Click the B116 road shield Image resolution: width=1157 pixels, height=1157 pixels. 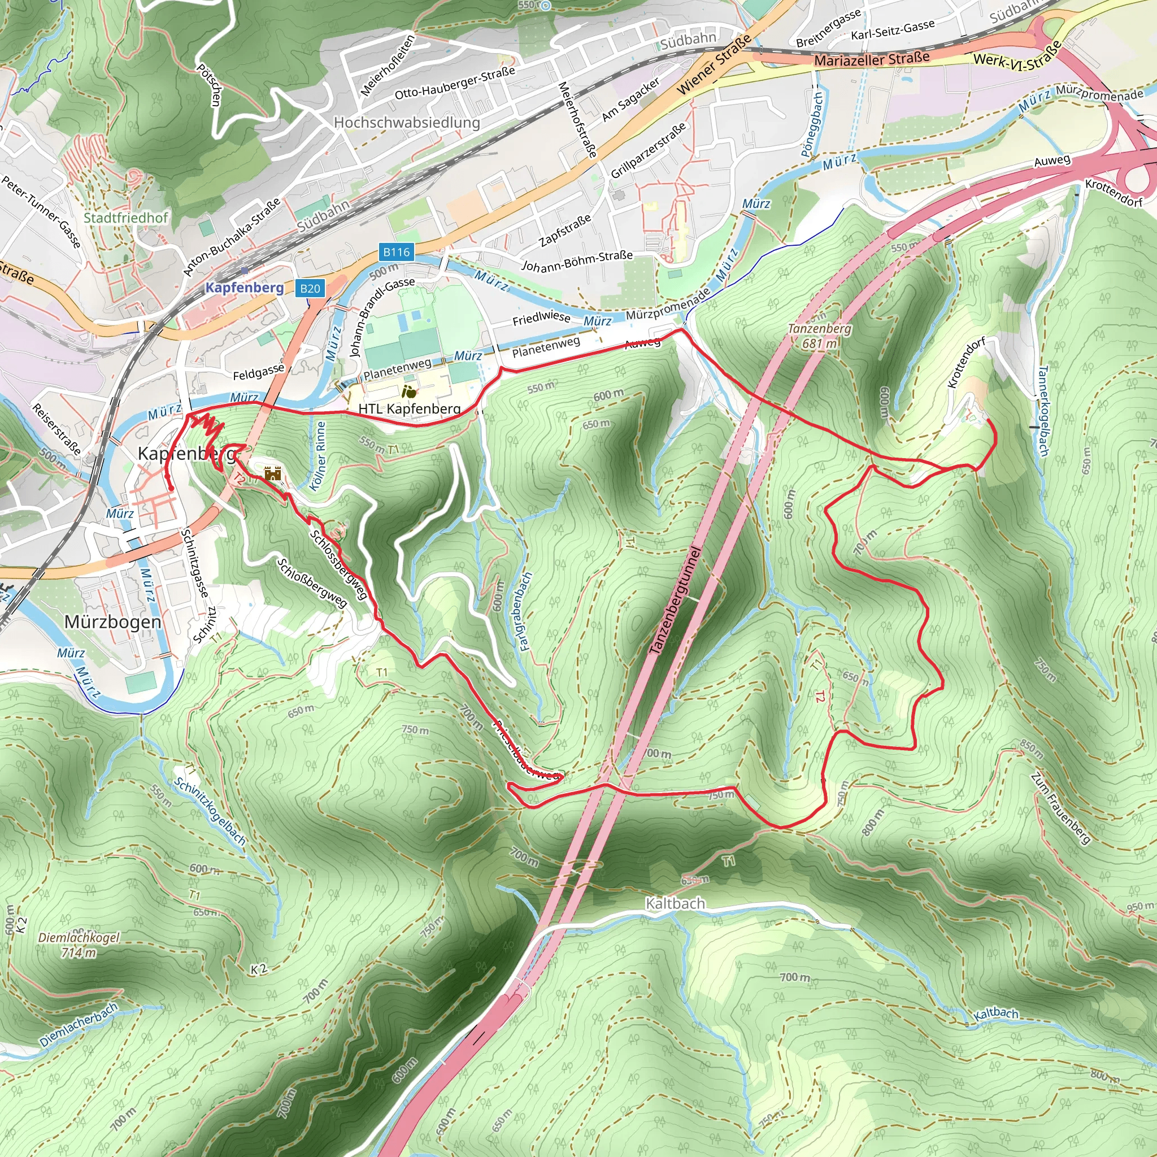click(x=397, y=252)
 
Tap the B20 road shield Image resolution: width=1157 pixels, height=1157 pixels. click(x=310, y=289)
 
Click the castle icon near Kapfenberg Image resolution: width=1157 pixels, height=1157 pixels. click(x=273, y=473)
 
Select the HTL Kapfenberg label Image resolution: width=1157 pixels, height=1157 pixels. click(x=409, y=408)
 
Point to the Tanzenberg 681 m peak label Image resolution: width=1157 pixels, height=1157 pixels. click(x=819, y=336)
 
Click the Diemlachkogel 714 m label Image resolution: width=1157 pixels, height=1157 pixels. click(x=79, y=945)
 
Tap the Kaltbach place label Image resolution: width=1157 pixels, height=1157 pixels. click(x=675, y=903)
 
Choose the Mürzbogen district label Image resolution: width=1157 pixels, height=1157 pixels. click(x=112, y=622)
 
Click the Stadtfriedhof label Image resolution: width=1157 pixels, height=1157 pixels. click(x=126, y=218)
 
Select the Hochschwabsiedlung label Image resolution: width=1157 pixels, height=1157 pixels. click(x=407, y=122)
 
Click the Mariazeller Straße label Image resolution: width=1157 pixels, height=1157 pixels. click(x=871, y=59)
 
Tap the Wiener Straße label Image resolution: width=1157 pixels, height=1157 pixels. click(x=714, y=64)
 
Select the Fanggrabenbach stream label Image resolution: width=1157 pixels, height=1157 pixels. click(x=525, y=611)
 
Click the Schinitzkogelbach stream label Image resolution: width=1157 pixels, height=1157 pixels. click(x=210, y=811)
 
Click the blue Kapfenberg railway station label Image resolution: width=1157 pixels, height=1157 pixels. click(x=244, y=288)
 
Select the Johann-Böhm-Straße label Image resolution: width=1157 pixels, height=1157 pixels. click(x=577, y=260)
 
